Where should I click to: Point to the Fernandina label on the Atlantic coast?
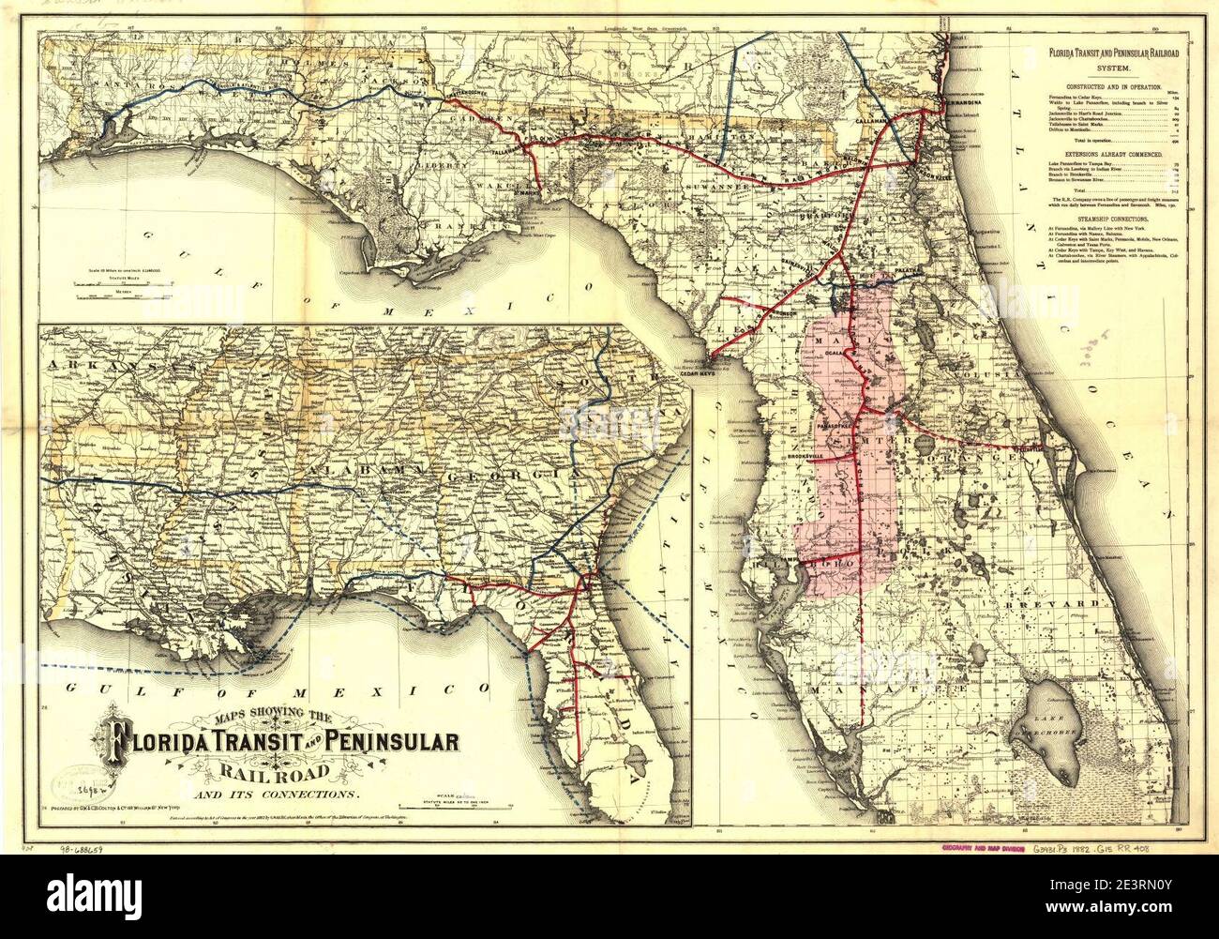pos(968,91)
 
